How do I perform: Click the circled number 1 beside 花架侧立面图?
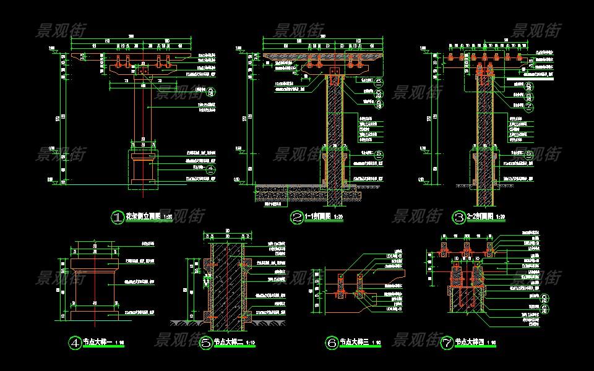click(x=117, y=217)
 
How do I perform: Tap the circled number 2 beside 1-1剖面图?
click(x=298, y=217)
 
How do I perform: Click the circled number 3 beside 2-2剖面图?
click(x=459, y=217)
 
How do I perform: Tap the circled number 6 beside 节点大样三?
click(x=331, y=342)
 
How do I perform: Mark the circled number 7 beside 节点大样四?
click(x=446, y=342)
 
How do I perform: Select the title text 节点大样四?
click(x=470, y=342)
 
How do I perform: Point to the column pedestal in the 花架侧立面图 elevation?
click(x=143, y=170)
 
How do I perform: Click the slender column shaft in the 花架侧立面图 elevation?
click(x=143, y=111)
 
